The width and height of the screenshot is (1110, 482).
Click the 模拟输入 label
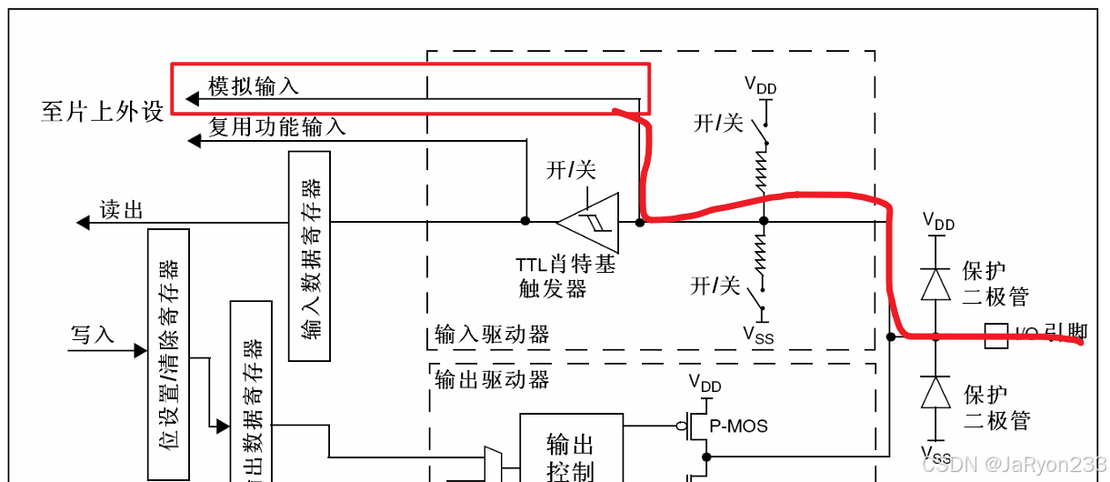click(x=254, y=86)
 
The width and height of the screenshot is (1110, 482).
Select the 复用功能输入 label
click(x=277, y=127)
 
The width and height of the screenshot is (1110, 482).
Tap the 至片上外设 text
click(x=103, y=111)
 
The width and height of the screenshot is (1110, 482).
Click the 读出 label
click(x=121, y=211)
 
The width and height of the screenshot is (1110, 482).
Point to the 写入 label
click(x=93, y=335)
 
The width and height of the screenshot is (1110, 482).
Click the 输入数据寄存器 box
click(x=309, y=256)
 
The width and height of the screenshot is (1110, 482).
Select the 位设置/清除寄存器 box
click(x=168, y=355)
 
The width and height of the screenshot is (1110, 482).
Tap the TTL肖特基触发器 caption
click(x=565, y=276)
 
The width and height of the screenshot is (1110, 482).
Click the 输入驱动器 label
click(x=492, y=336)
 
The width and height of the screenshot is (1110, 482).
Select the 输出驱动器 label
click(x=492, y=379)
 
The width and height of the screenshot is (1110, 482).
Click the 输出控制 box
click(x=571, y=455)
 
